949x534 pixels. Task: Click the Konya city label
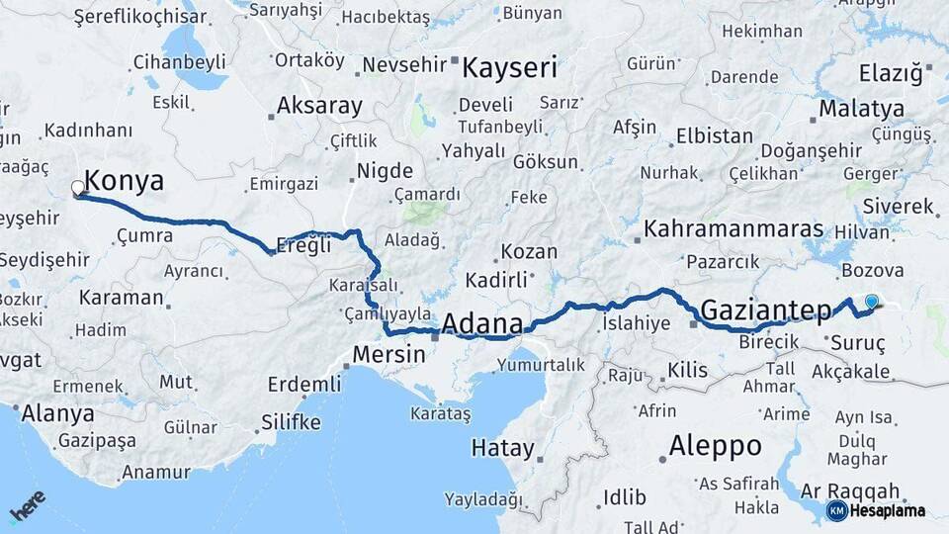coord(124,180)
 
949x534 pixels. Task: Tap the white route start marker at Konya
coord(78,187)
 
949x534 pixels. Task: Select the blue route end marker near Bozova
coord(871,302)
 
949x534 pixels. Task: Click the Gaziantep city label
coord(766,311)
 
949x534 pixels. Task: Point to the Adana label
coord(482,323)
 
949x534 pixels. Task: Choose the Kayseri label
coord(510,68)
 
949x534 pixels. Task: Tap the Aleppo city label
coord(716,445)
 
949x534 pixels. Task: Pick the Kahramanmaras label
coord(733,229)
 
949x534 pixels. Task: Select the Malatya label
coord(861,108)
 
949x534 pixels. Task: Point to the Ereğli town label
coord(303,246)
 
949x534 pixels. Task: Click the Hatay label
coord(502,448)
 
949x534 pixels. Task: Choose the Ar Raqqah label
coord(850,490)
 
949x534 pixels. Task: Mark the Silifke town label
coord(291,422)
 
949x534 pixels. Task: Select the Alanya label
coord(57,413)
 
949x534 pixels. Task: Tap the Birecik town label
coord(768,342)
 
